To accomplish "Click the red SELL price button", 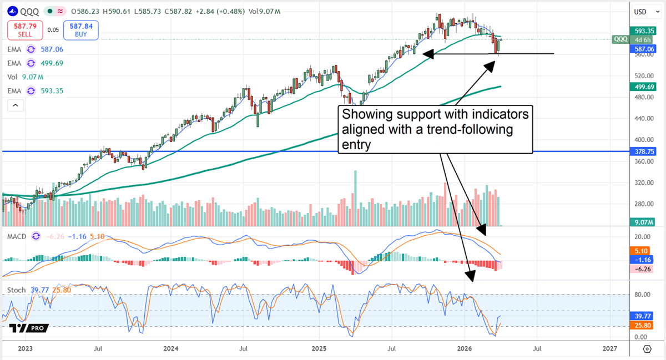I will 24,30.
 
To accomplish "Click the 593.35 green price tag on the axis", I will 642,31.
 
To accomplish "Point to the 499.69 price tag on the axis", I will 642,87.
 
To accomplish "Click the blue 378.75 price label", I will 642,151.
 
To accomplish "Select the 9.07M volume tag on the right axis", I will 642,222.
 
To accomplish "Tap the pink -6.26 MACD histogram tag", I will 642,268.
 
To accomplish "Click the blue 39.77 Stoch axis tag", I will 642,315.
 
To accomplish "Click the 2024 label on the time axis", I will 170,349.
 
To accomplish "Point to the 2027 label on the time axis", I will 609,349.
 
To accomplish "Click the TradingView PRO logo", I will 28,328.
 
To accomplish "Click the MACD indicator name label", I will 15,236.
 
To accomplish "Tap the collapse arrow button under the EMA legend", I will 15,105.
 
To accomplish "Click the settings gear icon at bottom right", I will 647,349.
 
